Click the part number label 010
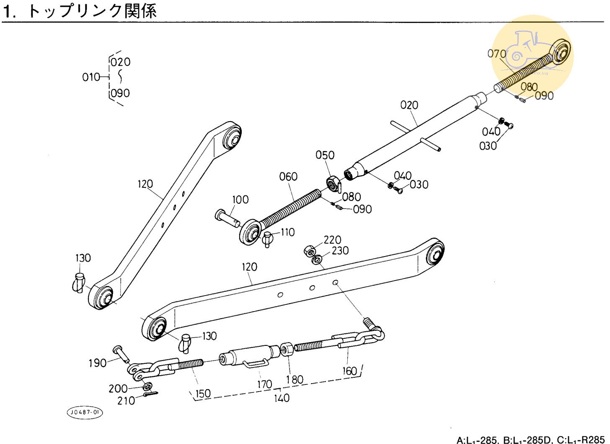pos(91,77)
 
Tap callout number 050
pos(325,155)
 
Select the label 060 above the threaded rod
pos(288,177)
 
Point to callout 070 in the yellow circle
pos(497,54)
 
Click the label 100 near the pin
pos(240,200)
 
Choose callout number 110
pos(287,232)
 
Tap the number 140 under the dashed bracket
pos(282,397)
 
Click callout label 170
pos(264,384)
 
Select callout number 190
pos(97,363)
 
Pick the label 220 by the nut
pos(332,240)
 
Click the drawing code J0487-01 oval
pos(85,412)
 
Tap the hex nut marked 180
pos(287,349)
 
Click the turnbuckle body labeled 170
pos(249,356)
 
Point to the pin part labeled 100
pos(226,217)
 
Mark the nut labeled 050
pos(332,183)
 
